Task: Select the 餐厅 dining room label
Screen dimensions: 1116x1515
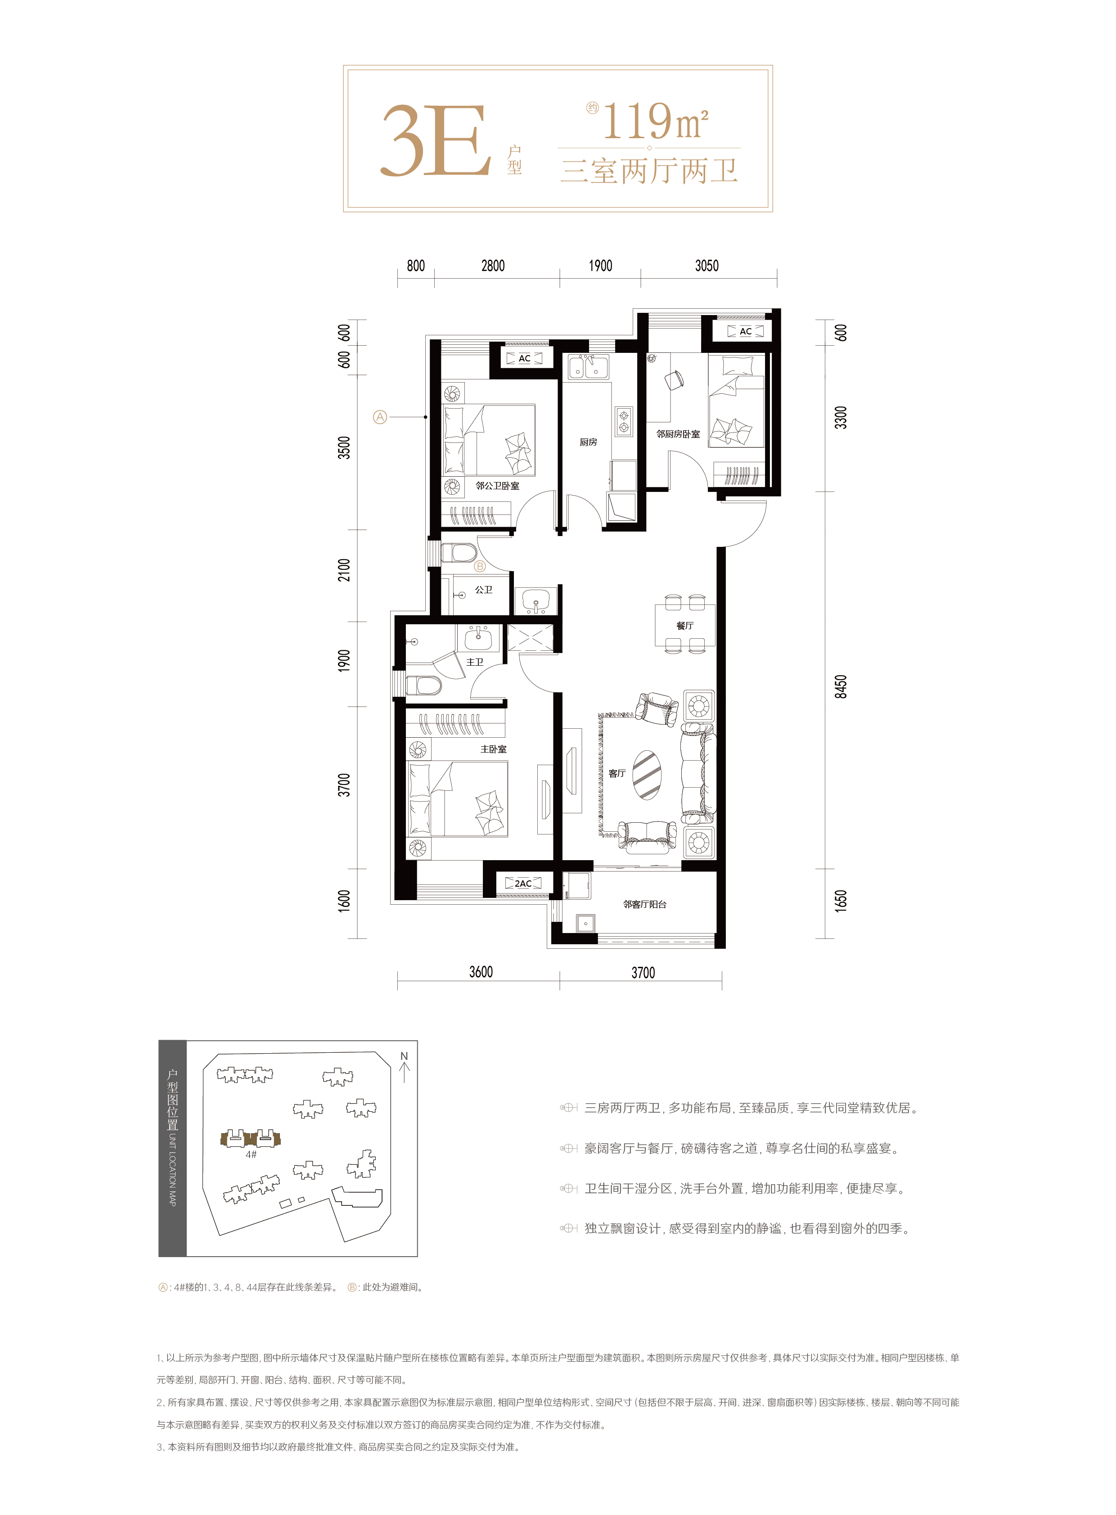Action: pos(684,626)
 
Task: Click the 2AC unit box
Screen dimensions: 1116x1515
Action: pos(523,883)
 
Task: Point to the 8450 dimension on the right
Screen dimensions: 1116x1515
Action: pos(841,686)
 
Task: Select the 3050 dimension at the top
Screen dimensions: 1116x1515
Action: pos(706,266)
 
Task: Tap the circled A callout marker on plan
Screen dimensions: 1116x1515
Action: pos(380,417)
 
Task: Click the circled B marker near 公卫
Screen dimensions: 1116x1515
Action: pos(480,566)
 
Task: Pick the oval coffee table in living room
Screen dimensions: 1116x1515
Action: pos(647,775)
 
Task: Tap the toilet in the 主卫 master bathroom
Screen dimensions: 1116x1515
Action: pos(423,686)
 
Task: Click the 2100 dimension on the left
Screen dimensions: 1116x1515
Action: pos(345,570)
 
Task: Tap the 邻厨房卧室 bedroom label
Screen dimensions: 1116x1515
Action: pos(678,434)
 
